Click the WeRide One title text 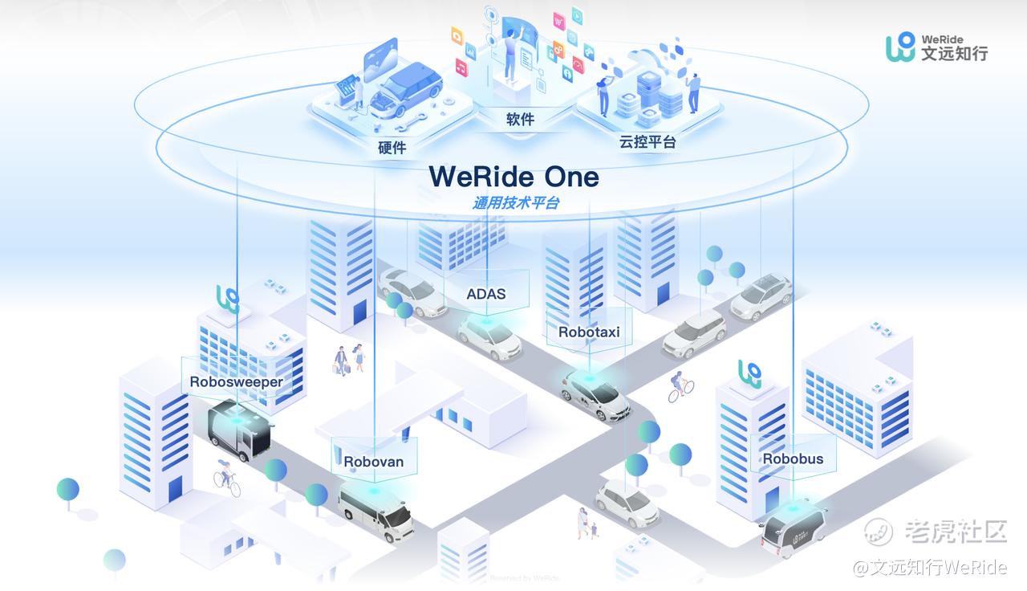pos(513,176)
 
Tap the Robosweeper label pos(236,381)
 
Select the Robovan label pos(374,462)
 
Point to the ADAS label pos(486,294)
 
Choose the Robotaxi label pos(589,332)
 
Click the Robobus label pos(793,459)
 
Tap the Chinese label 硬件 pos(392,148)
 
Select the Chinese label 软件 pos(520,120)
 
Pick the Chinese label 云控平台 pos(647,143)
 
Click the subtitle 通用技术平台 pos(515,203)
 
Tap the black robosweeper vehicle pos(239,434)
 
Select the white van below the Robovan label pos(375,512)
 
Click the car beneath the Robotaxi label pos(595,393)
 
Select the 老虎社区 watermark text pos(955,530)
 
